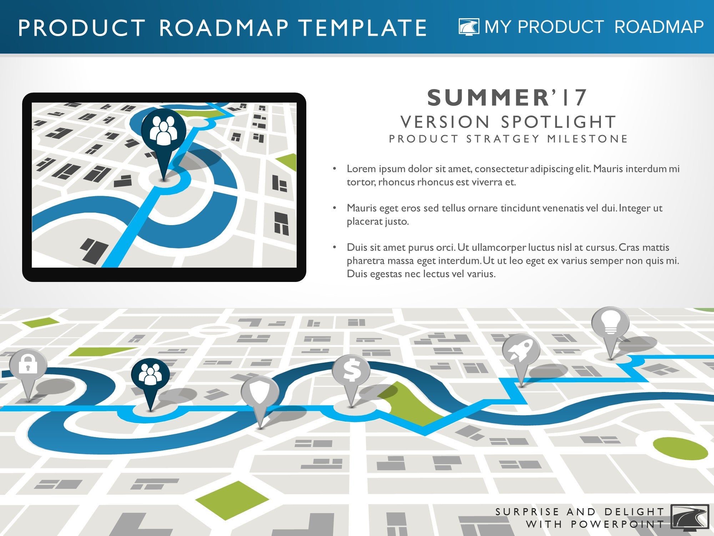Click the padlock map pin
coord(28,372)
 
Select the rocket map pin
coord(521,356)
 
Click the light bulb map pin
coord(610,329)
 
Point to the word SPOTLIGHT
coord(559,122)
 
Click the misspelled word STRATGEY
coord(503,139)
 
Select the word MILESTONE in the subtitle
coord(587,139)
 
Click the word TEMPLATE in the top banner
coord(363,28)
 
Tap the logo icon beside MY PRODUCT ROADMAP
coord(469,27)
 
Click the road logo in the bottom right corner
coord(690,516)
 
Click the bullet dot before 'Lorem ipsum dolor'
coord(335,168)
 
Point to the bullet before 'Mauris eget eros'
coord(335,208)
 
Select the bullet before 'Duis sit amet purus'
coord(335,247)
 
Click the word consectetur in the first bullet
coord(502,169)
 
